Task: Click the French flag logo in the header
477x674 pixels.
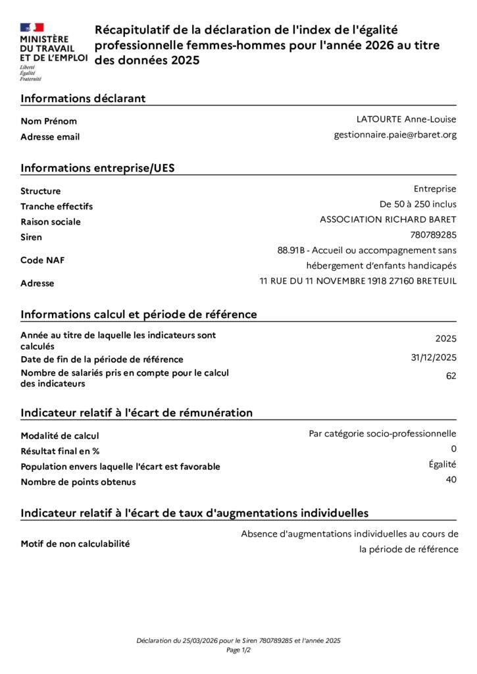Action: coord(32,28)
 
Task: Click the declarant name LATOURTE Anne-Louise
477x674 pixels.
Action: coord(406,119)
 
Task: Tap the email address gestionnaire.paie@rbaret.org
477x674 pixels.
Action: coord(395,135)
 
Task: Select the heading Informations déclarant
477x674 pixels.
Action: coord(83,99)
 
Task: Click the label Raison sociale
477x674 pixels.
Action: coord(51,222)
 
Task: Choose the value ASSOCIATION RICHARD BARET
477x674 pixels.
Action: coord(388,219)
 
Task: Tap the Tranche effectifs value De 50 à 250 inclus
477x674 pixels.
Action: coord(413,204)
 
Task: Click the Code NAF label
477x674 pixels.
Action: coord(42,260)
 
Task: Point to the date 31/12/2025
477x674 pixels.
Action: coord(434,357)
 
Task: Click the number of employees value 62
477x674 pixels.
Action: coord(451,376)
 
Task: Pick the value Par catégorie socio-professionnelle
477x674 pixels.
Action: coord(382,433)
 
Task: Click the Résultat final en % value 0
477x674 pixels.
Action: coord(453,449)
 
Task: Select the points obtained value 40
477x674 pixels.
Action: coord(451,480)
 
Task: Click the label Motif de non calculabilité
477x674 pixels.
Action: coord(75,544)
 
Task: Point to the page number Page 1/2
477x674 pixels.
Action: coord(238,650)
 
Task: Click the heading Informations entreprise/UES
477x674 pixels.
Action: coord(97,168)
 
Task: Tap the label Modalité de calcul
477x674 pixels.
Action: coord(60,436)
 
